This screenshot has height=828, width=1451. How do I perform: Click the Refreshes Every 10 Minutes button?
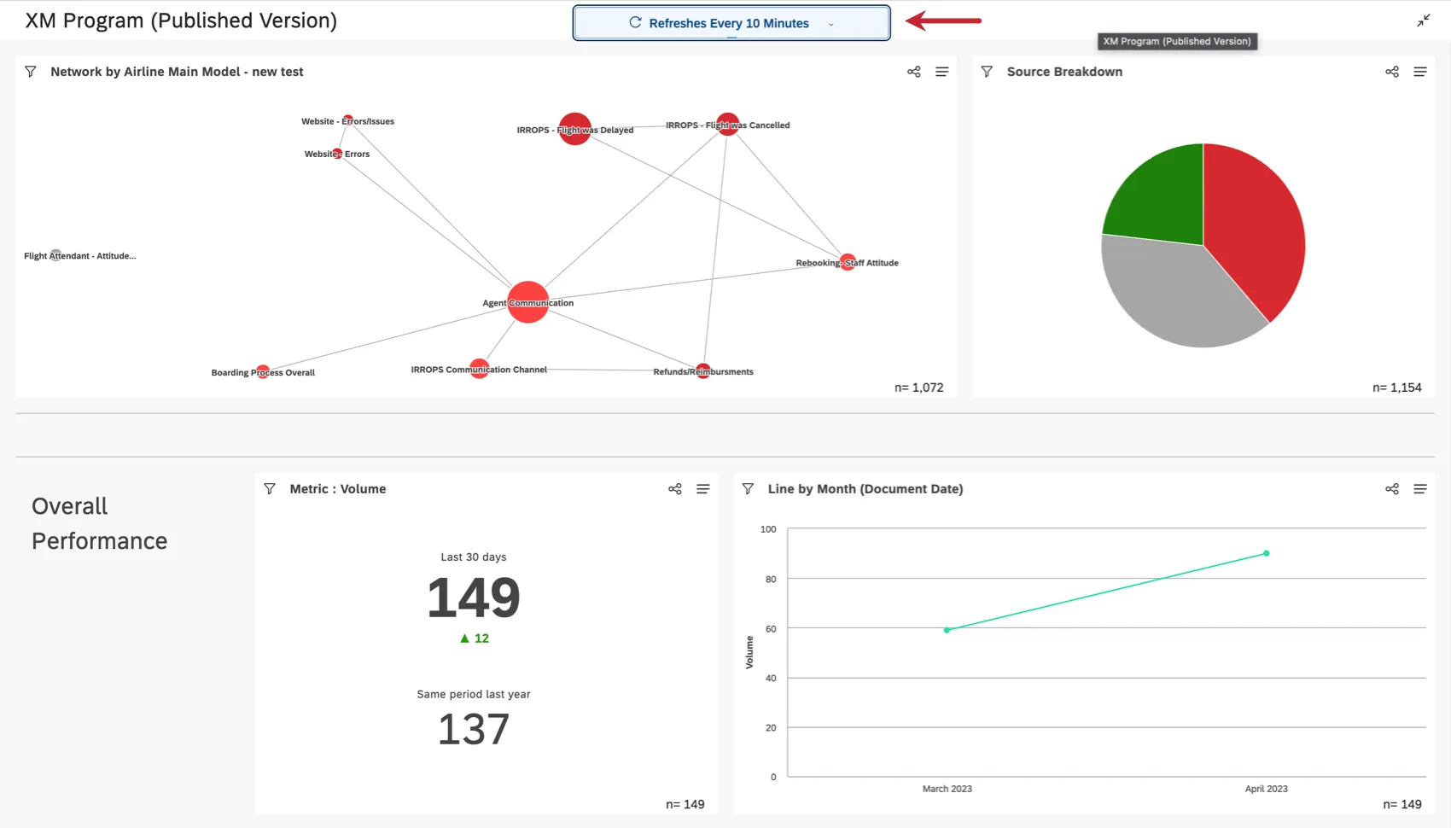[x=731, y=23]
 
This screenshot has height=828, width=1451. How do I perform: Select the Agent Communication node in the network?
[x=527, y=302]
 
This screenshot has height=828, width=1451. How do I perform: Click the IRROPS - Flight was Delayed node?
[x=574, y=129]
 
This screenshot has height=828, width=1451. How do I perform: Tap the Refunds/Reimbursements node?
[x=702, y=370]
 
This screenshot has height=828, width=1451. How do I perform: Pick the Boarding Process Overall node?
[x=263, y=372]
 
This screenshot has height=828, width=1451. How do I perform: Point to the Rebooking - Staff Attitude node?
[x=848, y=262]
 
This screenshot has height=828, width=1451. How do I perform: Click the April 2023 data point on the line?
[x=1266, y=553]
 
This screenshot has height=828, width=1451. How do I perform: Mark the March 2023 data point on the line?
[x=947, y=630]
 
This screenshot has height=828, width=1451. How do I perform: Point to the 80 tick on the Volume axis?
[x=771, y=579]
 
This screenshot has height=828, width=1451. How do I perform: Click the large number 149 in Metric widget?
[x=474, y=598]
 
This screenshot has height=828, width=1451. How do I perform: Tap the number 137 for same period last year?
[x=474, y=729]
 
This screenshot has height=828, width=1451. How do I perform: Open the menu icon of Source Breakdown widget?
[x=1419, y=72]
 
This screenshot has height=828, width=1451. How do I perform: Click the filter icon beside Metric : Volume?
[x=270, y=489]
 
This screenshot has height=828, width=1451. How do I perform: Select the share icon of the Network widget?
[x=913, y=72]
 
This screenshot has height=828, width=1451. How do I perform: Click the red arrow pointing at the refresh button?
[x=943, y=20]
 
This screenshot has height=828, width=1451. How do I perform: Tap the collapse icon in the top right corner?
[x=1423, y=20]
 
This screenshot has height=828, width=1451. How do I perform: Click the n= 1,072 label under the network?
[x=918, y=388]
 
